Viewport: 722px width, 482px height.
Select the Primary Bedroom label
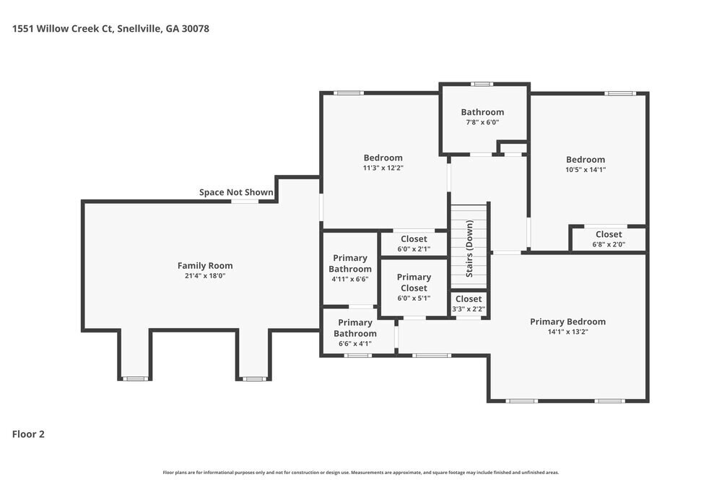pos(567,322)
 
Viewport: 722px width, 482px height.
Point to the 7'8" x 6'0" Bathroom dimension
pos(482,123)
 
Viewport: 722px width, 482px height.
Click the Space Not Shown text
pos(236,192)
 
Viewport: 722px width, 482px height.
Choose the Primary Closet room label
pos(414,283)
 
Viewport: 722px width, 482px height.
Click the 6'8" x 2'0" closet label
pos(608,239)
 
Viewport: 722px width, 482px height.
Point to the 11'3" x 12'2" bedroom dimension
pos(383,168)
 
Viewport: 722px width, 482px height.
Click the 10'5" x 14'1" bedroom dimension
pos(585,170)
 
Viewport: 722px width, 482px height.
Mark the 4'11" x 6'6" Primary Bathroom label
pos(350,269)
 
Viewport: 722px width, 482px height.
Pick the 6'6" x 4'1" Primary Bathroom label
pos(355,333)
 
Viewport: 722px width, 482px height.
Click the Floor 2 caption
pos(28,434)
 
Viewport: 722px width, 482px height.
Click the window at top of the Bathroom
pos(482,85)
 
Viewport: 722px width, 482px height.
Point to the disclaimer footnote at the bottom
pos(361,471)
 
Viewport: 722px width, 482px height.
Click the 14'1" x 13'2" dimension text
pos(567,332)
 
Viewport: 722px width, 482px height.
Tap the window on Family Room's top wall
pos(244,202)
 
